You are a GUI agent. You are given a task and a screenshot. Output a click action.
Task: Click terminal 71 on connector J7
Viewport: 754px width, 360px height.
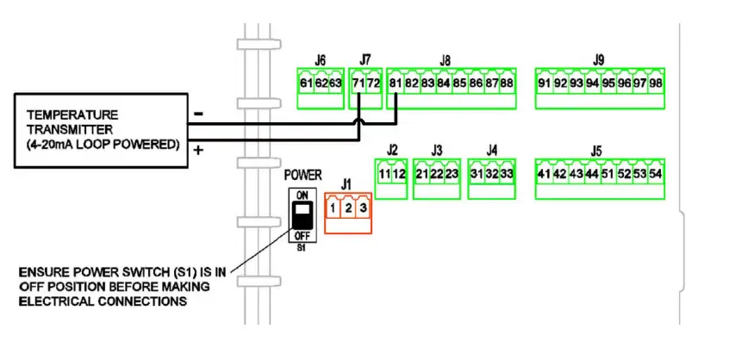click(358, 83)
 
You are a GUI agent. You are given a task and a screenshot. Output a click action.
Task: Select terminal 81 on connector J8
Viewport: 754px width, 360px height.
click(396, 83)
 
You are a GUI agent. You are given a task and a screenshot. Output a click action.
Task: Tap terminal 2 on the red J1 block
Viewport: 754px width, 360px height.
click(347, 208)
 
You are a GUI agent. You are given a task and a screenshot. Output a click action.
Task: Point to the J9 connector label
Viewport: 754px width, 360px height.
click(599, 59)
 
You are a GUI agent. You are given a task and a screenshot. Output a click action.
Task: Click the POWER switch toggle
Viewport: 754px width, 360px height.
click(302, 214)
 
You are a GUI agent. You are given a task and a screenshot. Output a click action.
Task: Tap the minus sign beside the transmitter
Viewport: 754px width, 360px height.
click(199, 114)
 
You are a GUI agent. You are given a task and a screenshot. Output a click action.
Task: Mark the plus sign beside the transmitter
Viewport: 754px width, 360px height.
click(199, 150)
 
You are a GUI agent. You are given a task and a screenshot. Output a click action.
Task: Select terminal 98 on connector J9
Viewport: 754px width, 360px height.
click(655, 83)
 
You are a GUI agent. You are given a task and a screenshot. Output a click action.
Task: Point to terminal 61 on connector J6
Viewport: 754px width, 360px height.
click(305, 83)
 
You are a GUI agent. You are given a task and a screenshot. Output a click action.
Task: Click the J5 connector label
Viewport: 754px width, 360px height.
click(595, 151)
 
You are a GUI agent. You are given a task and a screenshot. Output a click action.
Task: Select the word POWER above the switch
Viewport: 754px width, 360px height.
click(302, 175)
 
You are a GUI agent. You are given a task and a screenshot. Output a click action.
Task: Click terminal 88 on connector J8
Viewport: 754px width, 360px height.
click(507, 83)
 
